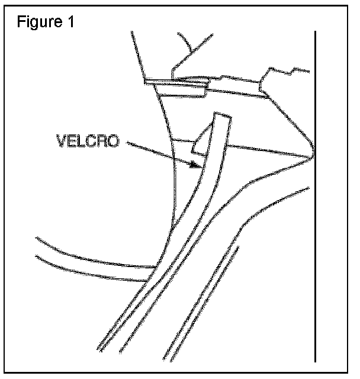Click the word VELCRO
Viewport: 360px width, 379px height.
click(88, 142)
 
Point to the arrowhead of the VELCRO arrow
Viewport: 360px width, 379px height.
click(195, 167)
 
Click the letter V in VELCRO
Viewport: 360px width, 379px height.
click(61, 142)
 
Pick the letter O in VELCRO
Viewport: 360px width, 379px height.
click(114, 142)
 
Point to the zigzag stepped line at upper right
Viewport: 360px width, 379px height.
click(284, 74)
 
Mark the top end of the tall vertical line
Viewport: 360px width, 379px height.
click(315, 32)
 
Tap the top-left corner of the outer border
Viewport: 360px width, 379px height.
click(2, 3)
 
